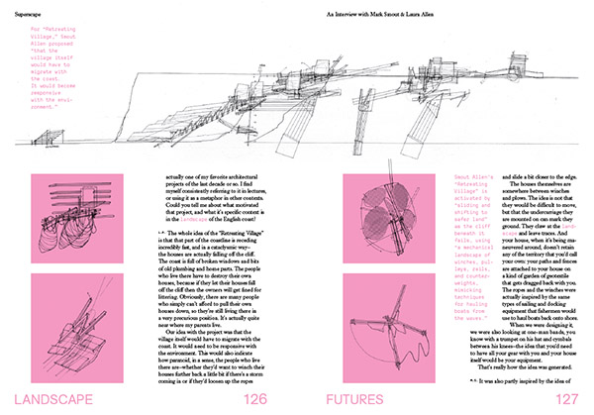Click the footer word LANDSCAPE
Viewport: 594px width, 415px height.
pos(61,398)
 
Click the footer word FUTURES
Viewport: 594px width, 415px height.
pos(367,398)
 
